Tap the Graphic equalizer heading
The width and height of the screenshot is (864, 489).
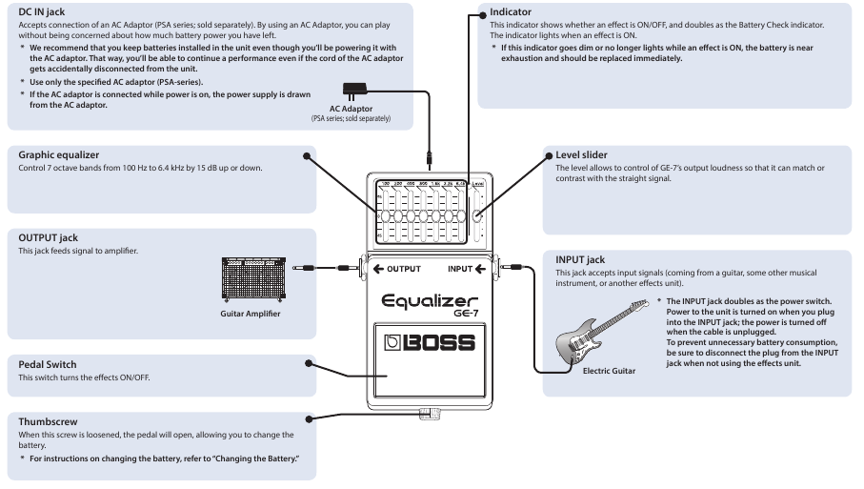pyautogui.click(x=58, y=155)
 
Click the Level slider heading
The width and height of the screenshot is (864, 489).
pyautogui.click(x=583, y=153)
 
